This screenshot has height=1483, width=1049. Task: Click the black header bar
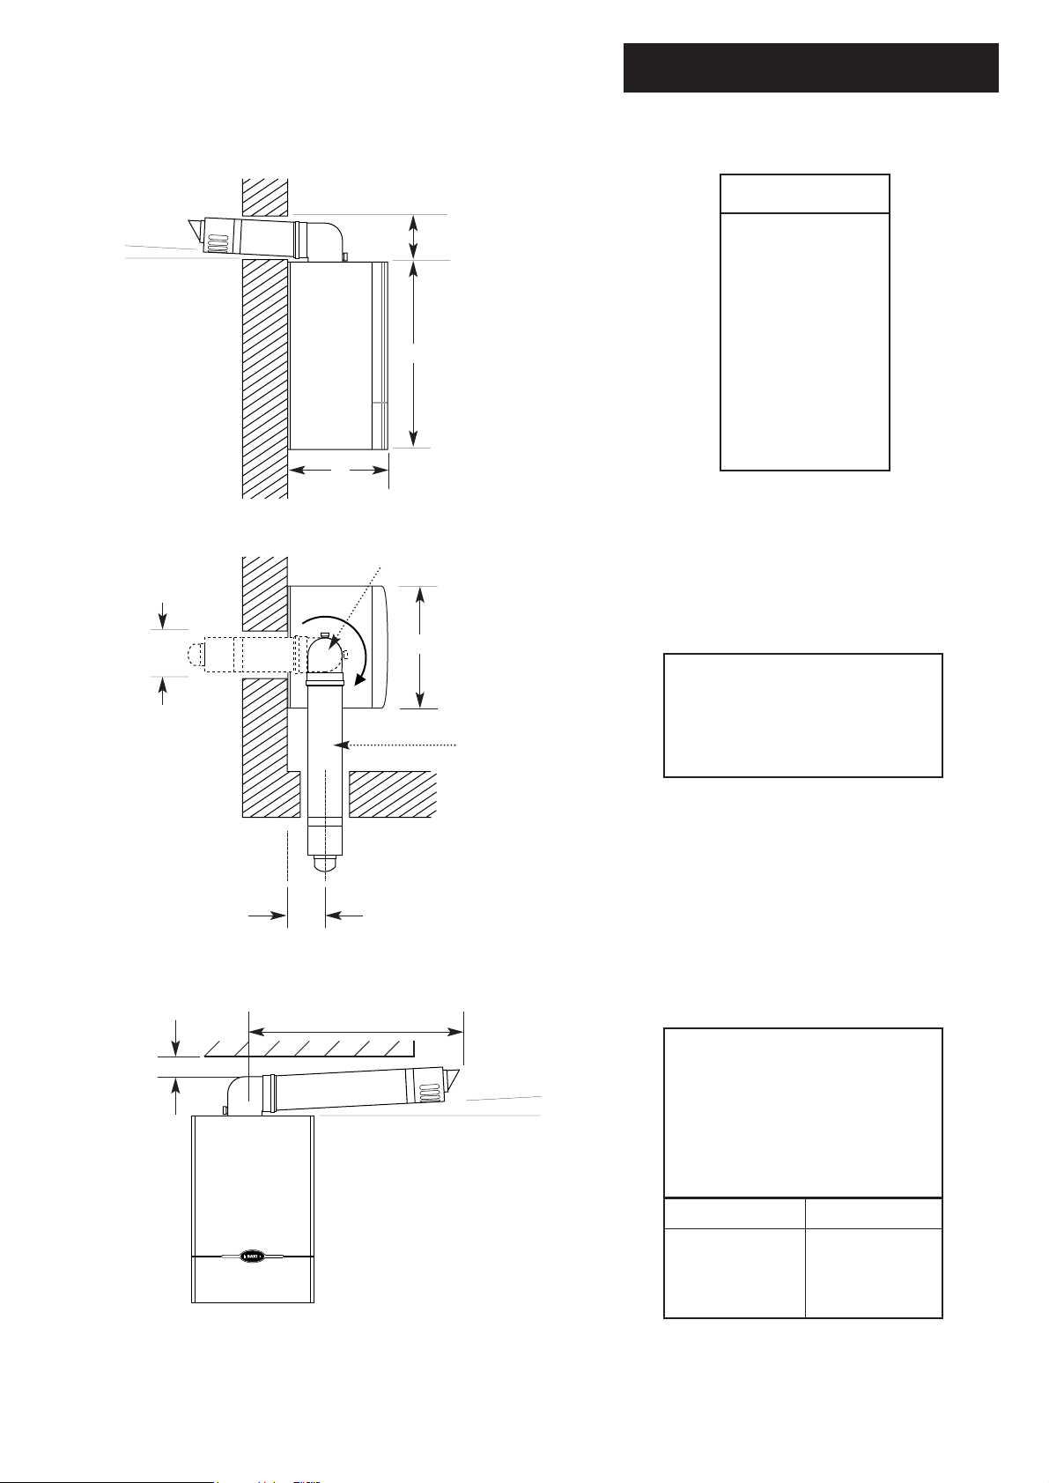point(810,67)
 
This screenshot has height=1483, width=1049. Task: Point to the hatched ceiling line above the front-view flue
point(308,1048)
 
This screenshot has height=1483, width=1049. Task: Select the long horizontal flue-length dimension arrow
point(357,1029)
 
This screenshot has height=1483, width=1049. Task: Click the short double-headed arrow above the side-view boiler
point(412,236)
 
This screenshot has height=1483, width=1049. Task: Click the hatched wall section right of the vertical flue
point(393,794)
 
